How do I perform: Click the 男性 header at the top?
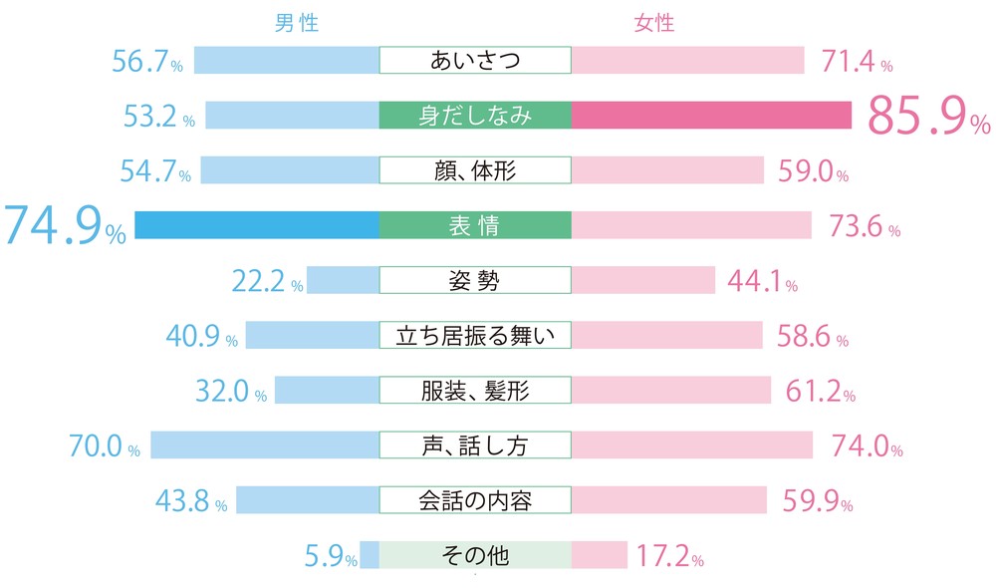tap(299, 22)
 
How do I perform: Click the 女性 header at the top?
tap(654, 22)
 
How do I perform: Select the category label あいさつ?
tap(475, 61)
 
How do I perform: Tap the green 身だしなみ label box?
tap(475, 116)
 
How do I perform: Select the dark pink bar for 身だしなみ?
tap(711, 116)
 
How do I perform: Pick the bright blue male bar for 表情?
tap(257, 225)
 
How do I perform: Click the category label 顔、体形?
tap(475, 170)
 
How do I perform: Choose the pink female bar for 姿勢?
tap(642, 280)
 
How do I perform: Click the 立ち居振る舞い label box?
tap(475, 336)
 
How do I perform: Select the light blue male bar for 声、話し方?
tap(265, 444)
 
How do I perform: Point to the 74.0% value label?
tap(863, 445)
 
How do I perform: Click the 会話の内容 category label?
tap(475, 499)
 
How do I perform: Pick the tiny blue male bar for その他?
tap(369, 554)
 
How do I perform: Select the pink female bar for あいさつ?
tap(687, 61)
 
